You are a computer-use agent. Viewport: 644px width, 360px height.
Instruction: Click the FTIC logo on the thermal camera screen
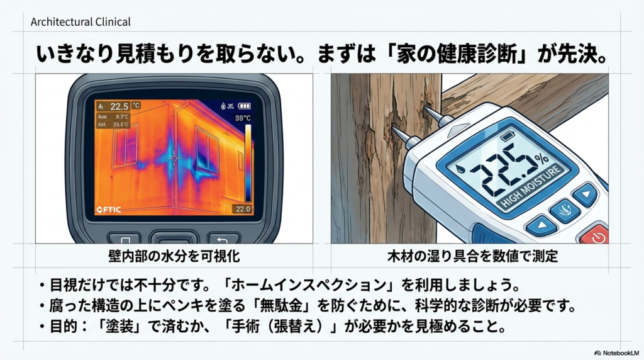click(x=109, y=210)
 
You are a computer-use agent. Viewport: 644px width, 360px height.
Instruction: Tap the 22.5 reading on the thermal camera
click(x=119, y=106)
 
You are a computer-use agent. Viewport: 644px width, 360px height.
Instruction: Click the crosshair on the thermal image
click(x=174, y=157)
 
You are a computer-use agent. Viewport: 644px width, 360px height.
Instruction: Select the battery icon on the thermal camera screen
click(x=245, y=106)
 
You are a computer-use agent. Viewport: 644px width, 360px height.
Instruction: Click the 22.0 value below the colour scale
click(x=242, y=209)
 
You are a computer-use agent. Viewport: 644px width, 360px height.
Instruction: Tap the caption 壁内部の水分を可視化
click(x=174, y=257)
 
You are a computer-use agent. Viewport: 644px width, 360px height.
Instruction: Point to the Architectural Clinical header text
click(x=80, y=22)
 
